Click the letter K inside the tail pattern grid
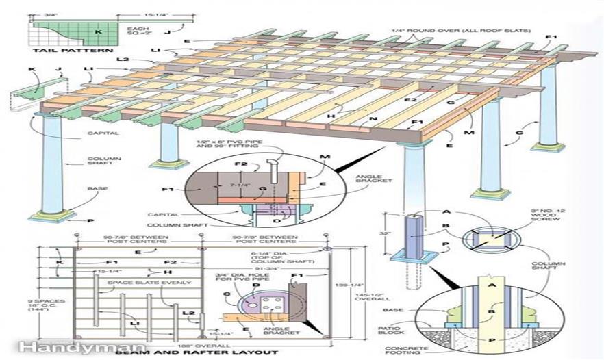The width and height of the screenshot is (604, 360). click(x=98, y=32)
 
